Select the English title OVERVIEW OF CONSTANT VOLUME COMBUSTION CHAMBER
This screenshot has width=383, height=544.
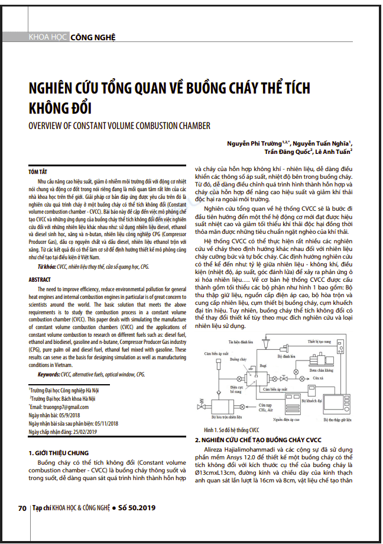point(119,125)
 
